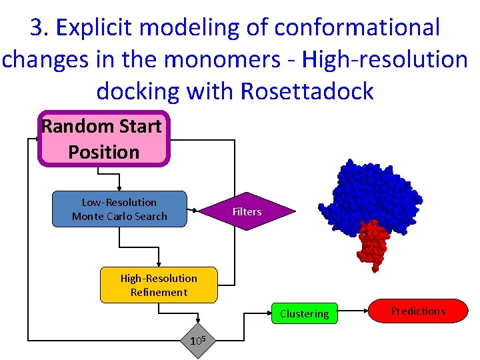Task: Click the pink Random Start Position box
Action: coord(104,139)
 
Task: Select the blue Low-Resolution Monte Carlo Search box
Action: coord(119,209)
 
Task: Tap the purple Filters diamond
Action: coord(247,212)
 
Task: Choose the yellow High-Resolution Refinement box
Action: coord(159,285)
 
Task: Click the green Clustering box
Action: coord(304,313)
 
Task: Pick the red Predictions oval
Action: coord(418,311)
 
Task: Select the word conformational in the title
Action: coord(357,28)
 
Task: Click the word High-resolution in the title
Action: coord(385,59)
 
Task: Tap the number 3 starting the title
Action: coord(36,28)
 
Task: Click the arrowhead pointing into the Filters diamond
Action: coord(195,212)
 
